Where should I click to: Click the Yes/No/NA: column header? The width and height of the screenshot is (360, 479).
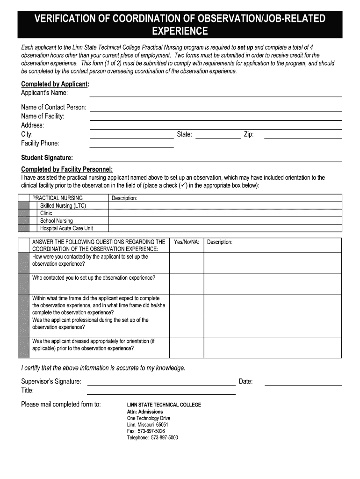tap(187, 242)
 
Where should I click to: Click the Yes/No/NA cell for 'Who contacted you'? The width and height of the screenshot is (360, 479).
tap(187, 284)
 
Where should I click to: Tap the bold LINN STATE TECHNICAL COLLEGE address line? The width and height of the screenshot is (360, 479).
tap(164, 405)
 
